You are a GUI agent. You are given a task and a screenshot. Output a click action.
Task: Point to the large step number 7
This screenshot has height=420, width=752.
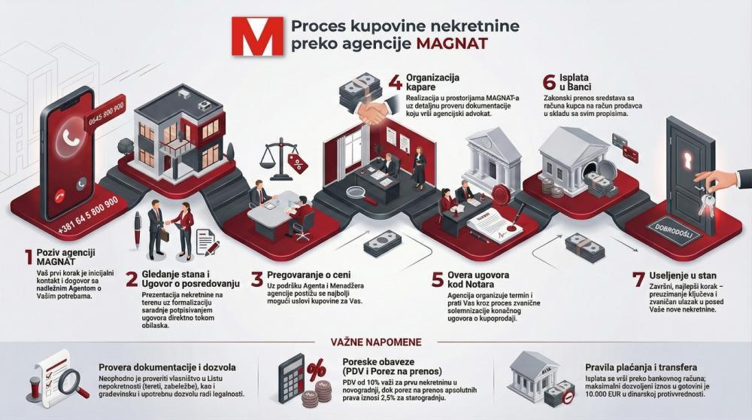pos(638,279)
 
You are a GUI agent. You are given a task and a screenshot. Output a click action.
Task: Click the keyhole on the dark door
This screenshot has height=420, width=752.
pos(687,161)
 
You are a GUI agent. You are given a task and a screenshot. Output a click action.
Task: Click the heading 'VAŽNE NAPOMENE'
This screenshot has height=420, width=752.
pos(376,342)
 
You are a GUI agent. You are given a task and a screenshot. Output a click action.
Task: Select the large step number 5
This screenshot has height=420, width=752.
pos(437,279)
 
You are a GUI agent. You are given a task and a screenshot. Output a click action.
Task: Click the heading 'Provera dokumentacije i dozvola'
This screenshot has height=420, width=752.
pos(169,367)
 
